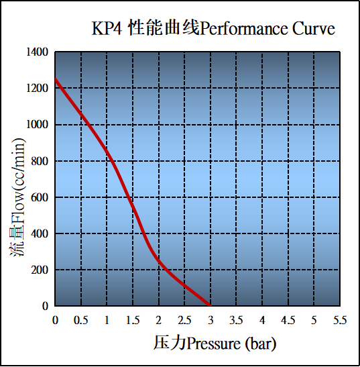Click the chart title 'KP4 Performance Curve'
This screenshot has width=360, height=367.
click(213, 30)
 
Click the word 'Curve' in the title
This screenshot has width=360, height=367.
click(312, 30)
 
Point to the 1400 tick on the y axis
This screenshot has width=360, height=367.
click(37, 52)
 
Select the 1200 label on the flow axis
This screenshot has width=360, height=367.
click(37, 89)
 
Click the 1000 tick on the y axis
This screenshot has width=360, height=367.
click(37, 125)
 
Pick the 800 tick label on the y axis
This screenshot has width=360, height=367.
click(40, 161)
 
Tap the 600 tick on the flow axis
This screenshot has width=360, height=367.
click(40, 197)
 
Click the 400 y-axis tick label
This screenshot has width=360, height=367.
click(40, 233)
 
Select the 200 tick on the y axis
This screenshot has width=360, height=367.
click(40, 270)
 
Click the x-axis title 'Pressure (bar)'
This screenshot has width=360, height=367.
click(215, 344)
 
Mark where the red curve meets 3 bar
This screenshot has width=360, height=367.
click(210, 305)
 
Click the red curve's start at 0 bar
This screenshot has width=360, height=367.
click(56, 80)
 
